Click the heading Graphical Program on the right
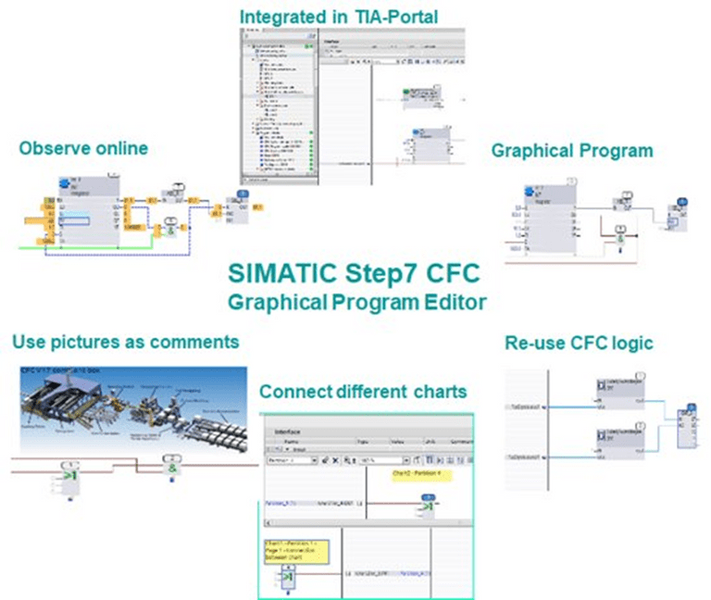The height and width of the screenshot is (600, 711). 572,150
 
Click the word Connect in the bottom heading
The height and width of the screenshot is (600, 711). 293,391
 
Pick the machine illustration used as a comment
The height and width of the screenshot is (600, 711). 130,406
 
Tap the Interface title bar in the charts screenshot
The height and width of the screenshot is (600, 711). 296,431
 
